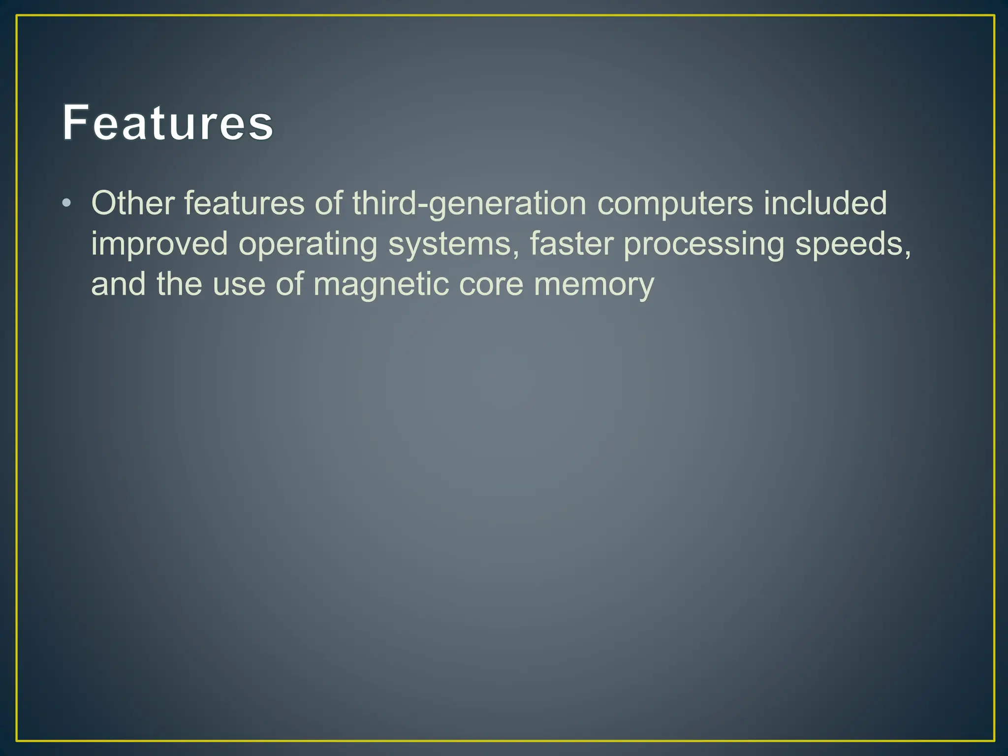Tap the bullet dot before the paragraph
pos(67,203)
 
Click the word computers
pos(675,204)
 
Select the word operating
pos(308,245)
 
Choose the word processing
pos(703,245)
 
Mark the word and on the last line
pos(118,284)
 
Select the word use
pos(239,285)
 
